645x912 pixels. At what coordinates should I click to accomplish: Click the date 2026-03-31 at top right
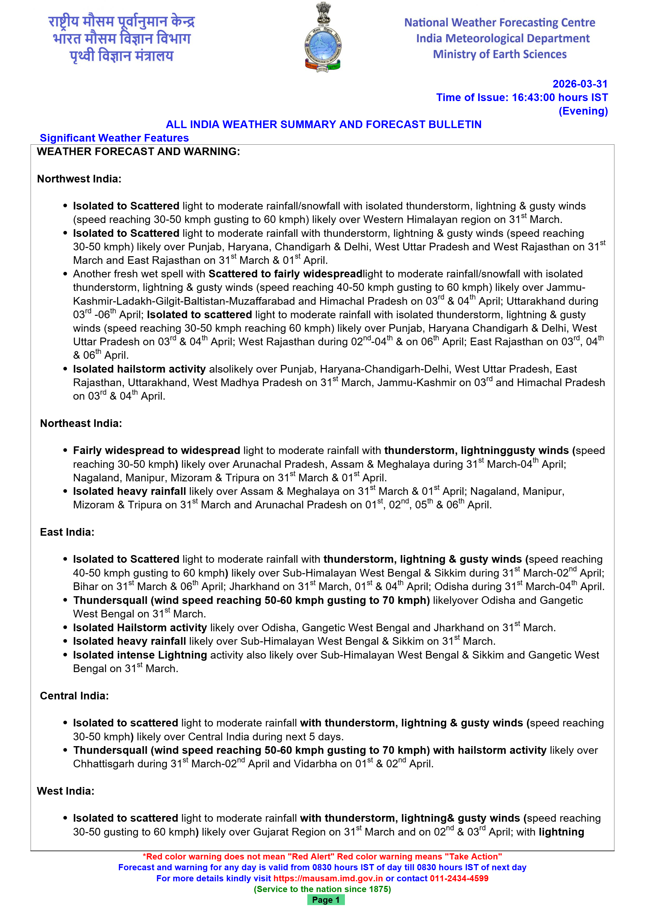tap(580, 84)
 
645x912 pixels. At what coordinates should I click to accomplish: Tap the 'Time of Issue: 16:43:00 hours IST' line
tap(522, 97)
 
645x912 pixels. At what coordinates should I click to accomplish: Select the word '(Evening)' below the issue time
tap(583, 111)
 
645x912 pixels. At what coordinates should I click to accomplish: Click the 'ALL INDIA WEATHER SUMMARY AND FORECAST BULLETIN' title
tap(323, 124)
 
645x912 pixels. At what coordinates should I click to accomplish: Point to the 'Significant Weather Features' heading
tap(114, 138)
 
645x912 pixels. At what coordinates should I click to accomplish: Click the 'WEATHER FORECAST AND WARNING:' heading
tap(138, 151)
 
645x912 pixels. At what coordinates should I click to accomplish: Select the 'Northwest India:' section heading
tap(79, 179)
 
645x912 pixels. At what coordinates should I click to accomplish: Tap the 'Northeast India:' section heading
tap(81, 423)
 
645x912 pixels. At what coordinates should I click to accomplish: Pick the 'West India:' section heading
tap(65, 791)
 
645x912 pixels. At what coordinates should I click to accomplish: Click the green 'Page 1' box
tap(326, 900)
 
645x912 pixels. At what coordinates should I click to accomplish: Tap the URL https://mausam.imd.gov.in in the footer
tap(328, 878)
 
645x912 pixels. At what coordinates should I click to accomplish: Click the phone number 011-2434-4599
tap(459, 878)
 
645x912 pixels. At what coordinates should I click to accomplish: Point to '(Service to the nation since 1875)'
tap(322, 889)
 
